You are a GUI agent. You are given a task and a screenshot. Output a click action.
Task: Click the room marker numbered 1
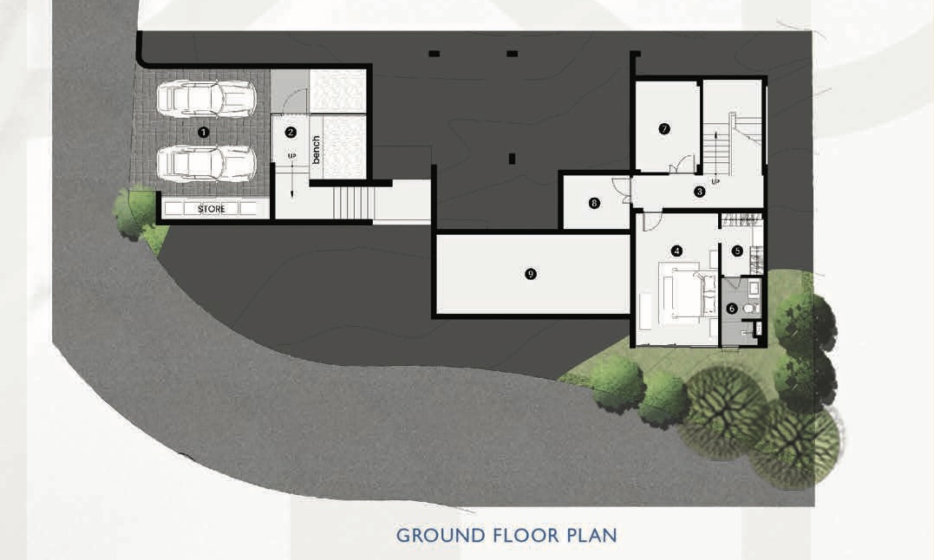pos(204,132)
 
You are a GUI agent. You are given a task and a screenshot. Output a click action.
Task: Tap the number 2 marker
pos(291,132)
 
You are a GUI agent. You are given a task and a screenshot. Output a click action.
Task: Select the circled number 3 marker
pos(699,192)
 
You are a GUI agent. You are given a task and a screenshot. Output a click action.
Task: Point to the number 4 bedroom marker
pos(676,251)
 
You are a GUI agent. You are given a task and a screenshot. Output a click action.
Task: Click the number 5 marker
pos(737,251)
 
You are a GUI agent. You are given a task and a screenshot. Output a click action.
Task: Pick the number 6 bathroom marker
pos(732,309)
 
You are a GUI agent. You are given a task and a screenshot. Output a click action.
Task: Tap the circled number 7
pos(664,128)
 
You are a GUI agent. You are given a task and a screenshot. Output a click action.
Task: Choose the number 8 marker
pos(594,203)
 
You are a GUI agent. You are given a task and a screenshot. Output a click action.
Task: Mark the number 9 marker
pos(531,274)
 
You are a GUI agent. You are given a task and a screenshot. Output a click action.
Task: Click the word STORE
pos(212,209)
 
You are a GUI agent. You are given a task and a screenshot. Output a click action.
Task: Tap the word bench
pos(316,149)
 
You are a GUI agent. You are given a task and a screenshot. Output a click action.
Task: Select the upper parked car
pos(206,98)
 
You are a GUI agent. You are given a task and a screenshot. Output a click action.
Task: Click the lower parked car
pos(206,162)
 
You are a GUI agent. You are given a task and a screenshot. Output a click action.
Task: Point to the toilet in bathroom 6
pos(751,309)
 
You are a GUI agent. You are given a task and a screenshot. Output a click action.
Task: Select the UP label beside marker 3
pos(715,181)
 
